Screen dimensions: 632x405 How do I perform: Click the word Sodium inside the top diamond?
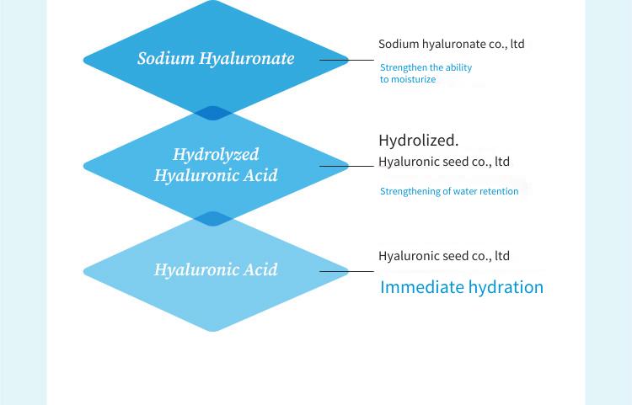click(166, 58)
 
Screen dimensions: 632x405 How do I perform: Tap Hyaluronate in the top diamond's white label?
click(247, 59)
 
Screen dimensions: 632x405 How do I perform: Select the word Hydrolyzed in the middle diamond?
click(216, 155)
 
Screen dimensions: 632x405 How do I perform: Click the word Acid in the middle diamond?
click(260, 175)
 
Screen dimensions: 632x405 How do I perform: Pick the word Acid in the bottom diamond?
click(260, 269)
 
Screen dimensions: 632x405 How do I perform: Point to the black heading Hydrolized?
click(418, 141)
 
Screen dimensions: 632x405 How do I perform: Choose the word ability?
click(458, 67)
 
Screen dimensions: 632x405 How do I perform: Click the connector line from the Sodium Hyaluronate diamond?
click(346, 61)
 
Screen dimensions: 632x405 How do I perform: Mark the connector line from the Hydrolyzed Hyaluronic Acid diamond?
click(346, 166)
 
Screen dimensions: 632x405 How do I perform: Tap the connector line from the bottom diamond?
click(346, 271)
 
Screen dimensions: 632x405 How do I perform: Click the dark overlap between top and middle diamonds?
click(213, 113)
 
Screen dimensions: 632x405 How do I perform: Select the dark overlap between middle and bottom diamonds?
click(213, 219)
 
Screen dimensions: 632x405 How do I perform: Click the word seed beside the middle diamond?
click(455, 162)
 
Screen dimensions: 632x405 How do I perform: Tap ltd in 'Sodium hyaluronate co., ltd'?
click(517, 44)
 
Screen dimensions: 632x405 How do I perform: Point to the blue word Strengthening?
click(410, 191)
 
